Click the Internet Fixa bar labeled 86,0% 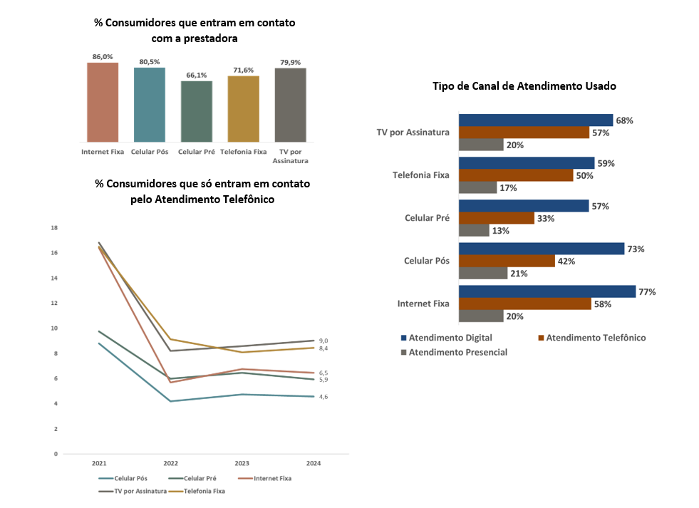coord(103,102)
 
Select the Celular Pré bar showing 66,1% coord(196,111)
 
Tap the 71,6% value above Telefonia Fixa coord(243,70)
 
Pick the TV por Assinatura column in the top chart coord(290,105)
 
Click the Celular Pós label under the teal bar coord(149,152)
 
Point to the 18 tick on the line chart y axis coord(54,228)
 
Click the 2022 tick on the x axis coord(170,463)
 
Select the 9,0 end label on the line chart coord(323,341)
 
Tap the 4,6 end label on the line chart coord(323,397)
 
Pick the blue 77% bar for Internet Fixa coord(547,291)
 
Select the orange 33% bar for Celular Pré coord(496,218)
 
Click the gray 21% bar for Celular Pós coord(482,273)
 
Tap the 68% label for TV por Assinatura coord(625,120)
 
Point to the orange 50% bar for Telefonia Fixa coord(515,175)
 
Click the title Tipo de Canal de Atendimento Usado coord(524,85)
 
